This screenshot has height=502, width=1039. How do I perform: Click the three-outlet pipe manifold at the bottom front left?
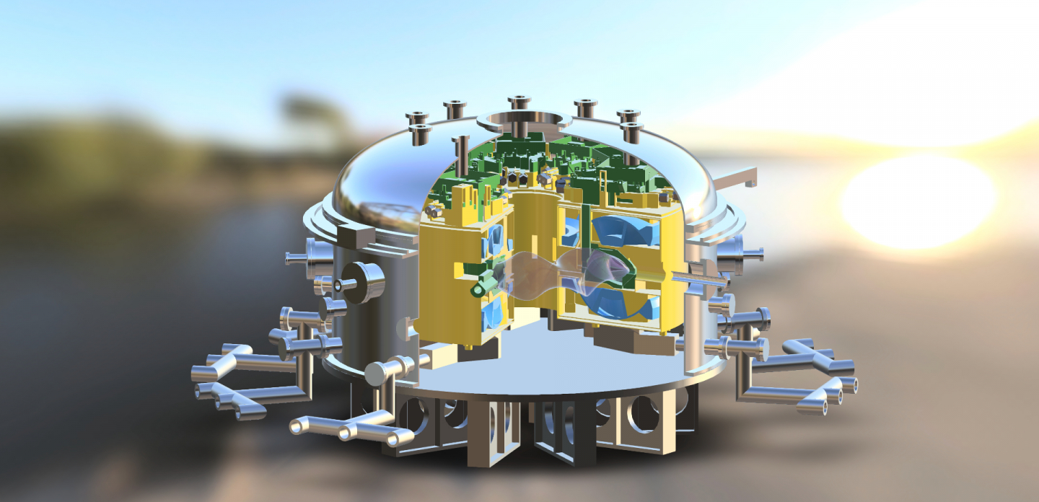(346, 428)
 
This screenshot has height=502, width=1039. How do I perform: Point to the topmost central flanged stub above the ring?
(519, 103)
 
